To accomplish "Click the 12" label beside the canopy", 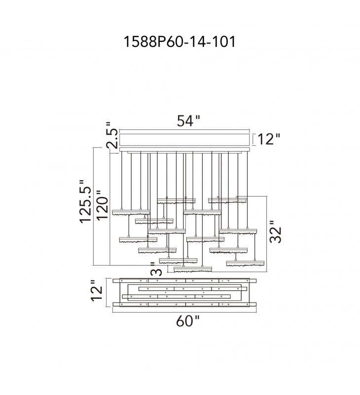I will (x=269, y=140).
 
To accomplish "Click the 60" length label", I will (x=187, y=321).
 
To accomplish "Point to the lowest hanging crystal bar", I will (x=192, y=269).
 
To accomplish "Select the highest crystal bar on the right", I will (x=227, y=200).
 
